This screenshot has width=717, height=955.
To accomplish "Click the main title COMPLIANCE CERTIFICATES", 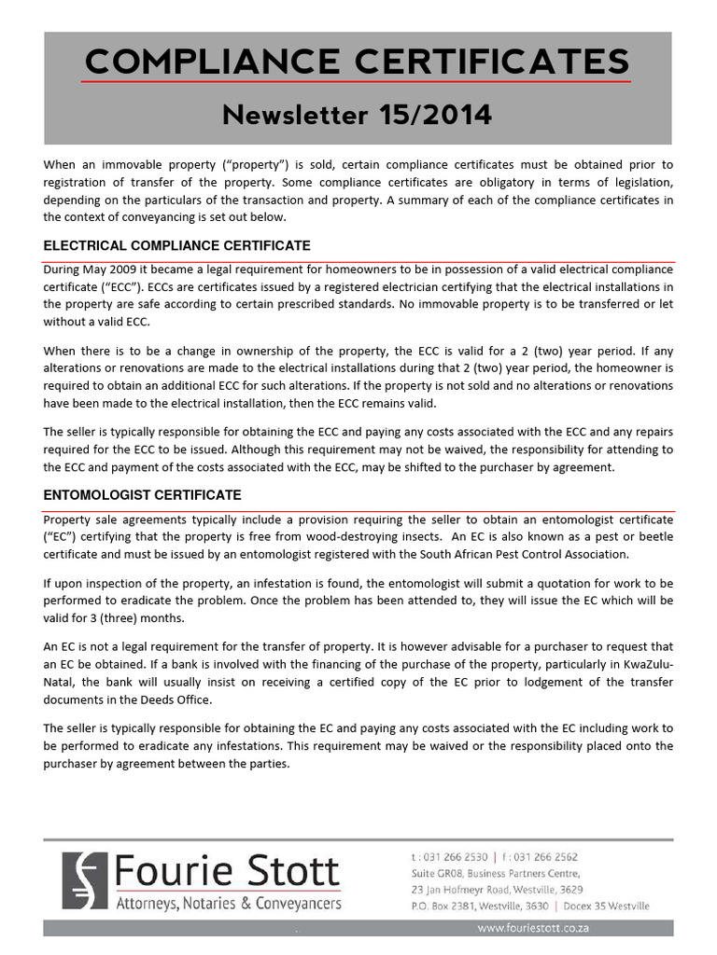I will pos(357,62).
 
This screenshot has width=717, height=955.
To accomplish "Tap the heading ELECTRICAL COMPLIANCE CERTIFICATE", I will pos(177,245).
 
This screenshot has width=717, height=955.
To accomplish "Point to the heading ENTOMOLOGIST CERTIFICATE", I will pos(142,494).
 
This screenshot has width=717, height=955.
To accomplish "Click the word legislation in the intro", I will pos(638,182).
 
